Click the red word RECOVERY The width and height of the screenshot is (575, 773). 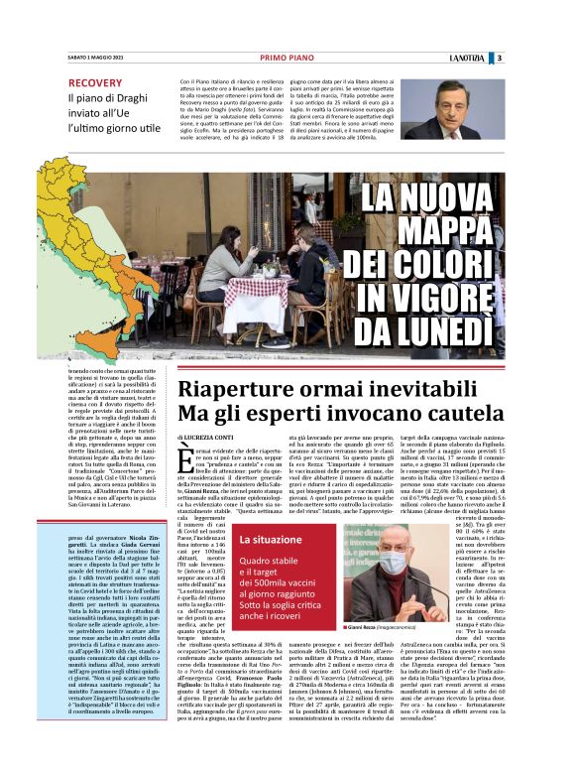[96, 83]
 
